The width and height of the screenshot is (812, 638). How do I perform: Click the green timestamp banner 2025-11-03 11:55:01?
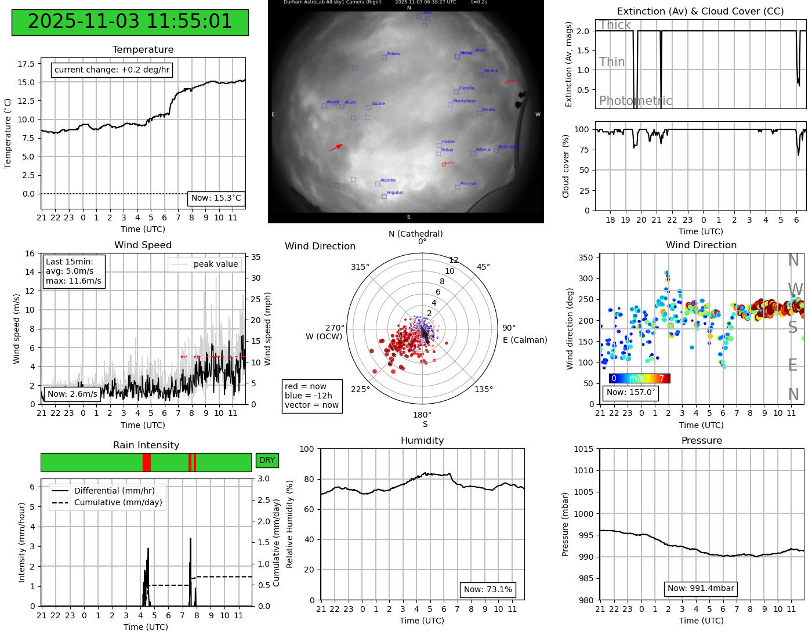pyautogui.click(x=130, y=22)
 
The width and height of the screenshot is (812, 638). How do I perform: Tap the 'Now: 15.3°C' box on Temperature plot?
pyautogui.click(x=216, y=198)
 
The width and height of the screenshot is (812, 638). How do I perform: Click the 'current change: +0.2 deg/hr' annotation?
pyautogui.click(x=112, y=70)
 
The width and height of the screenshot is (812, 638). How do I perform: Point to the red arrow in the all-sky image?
pyautogui.click(x=336, y=148)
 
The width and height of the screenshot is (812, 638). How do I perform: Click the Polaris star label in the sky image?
pyautogui.click(x=393, y=54)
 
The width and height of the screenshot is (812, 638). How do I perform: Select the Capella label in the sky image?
pyautogui.click(x=466, y=88)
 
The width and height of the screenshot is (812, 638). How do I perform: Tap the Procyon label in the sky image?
pyautogui.click(x=468, y=184)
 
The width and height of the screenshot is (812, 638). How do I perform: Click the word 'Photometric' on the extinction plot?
pyautogui.click(x=635, y=101)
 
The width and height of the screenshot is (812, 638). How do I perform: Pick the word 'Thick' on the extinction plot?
pyautogui.click(x=615, y=25)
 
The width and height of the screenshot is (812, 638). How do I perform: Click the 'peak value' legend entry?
pyautogui.click(x=215, y=264)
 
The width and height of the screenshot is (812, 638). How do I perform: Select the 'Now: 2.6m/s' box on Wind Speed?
pyautogui.click(x=72, y=394)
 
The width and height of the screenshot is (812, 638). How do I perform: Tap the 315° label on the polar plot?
pyautogui.click(x=360, y=267)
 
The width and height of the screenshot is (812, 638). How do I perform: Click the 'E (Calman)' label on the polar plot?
pyautogui.click(x=525, y=340)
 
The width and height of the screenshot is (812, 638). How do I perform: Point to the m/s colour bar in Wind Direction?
pyautogui.click(x=639, y=379)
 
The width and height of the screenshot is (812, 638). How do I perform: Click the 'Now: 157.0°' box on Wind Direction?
pyautogui.click(x=630, y=393)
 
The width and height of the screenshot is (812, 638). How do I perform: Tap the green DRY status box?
pyautogui.click(x=267, y=461)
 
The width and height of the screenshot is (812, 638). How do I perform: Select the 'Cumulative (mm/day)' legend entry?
pyautogui.click(x=118, y=503)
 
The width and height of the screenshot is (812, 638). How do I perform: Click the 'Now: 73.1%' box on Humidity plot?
pyautogui.click(x=488, y=590)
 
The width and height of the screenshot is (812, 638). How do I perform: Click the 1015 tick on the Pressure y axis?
pyautogui.click(x=583, y=449)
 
